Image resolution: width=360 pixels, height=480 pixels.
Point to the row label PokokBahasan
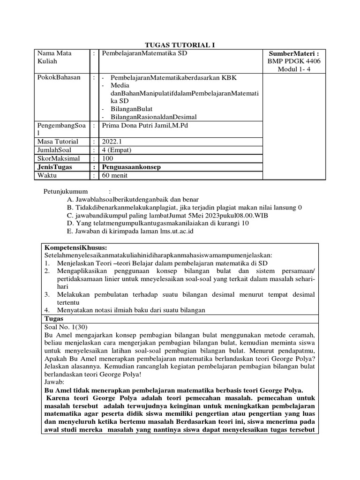coord(59,77)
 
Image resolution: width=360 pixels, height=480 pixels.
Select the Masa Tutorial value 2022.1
coord(111,142)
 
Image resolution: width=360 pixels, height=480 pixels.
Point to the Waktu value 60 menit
coord(114,175)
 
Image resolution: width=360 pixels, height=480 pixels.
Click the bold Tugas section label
coord(53,318)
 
